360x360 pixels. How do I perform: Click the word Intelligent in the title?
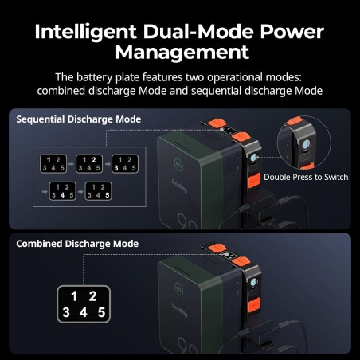click(85, 32)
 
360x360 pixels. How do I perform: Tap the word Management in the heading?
click(182, 52)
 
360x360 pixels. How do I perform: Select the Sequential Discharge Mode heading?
click(79, 119)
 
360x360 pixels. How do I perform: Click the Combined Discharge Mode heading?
click(77, 244)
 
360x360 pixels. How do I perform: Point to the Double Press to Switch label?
click(306, 177)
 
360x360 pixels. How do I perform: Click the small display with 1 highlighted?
click(53, 164)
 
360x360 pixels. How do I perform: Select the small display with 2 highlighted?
click(89, 164)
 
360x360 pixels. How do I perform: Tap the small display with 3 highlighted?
click(125, 164)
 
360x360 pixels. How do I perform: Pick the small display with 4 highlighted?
click(63, 191)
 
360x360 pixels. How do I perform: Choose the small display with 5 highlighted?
click(98, 191)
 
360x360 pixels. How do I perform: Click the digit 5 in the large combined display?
click(101, 312)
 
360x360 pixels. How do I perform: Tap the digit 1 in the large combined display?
click(74, 296)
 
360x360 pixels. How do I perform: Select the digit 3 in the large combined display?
click(66, 312)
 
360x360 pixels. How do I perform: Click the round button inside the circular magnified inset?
click(307, 144)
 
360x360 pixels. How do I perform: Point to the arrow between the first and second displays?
click(71, 164)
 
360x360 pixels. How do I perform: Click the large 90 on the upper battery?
click(187, 221)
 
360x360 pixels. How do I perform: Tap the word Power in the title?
click(292, 32)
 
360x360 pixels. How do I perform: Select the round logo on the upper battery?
click(178, 163)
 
